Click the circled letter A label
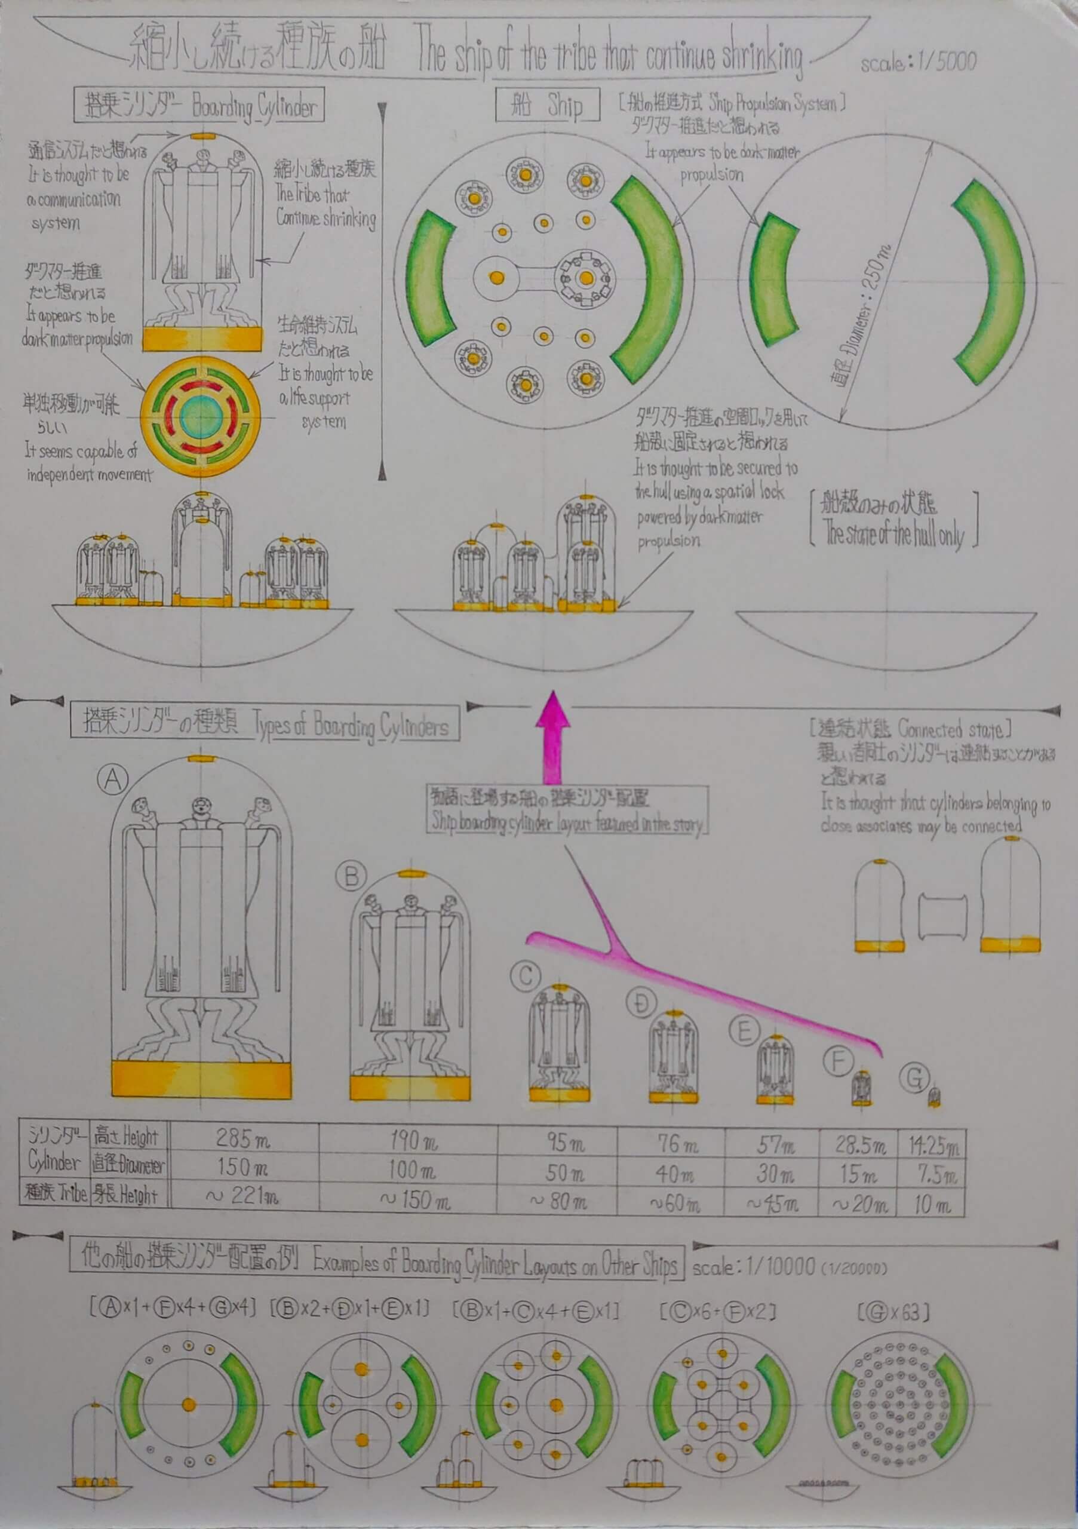(112, 779)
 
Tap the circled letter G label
(914, 1077)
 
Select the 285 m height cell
(242, 1138)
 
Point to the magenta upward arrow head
(552, 710)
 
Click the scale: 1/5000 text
(917, 63)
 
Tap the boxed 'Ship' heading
(547, 105)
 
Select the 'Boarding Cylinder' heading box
(199, 105)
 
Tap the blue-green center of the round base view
(201, 416)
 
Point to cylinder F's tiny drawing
(861, 1088)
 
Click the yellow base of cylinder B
(410, 1088)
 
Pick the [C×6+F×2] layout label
(718, 1313)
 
